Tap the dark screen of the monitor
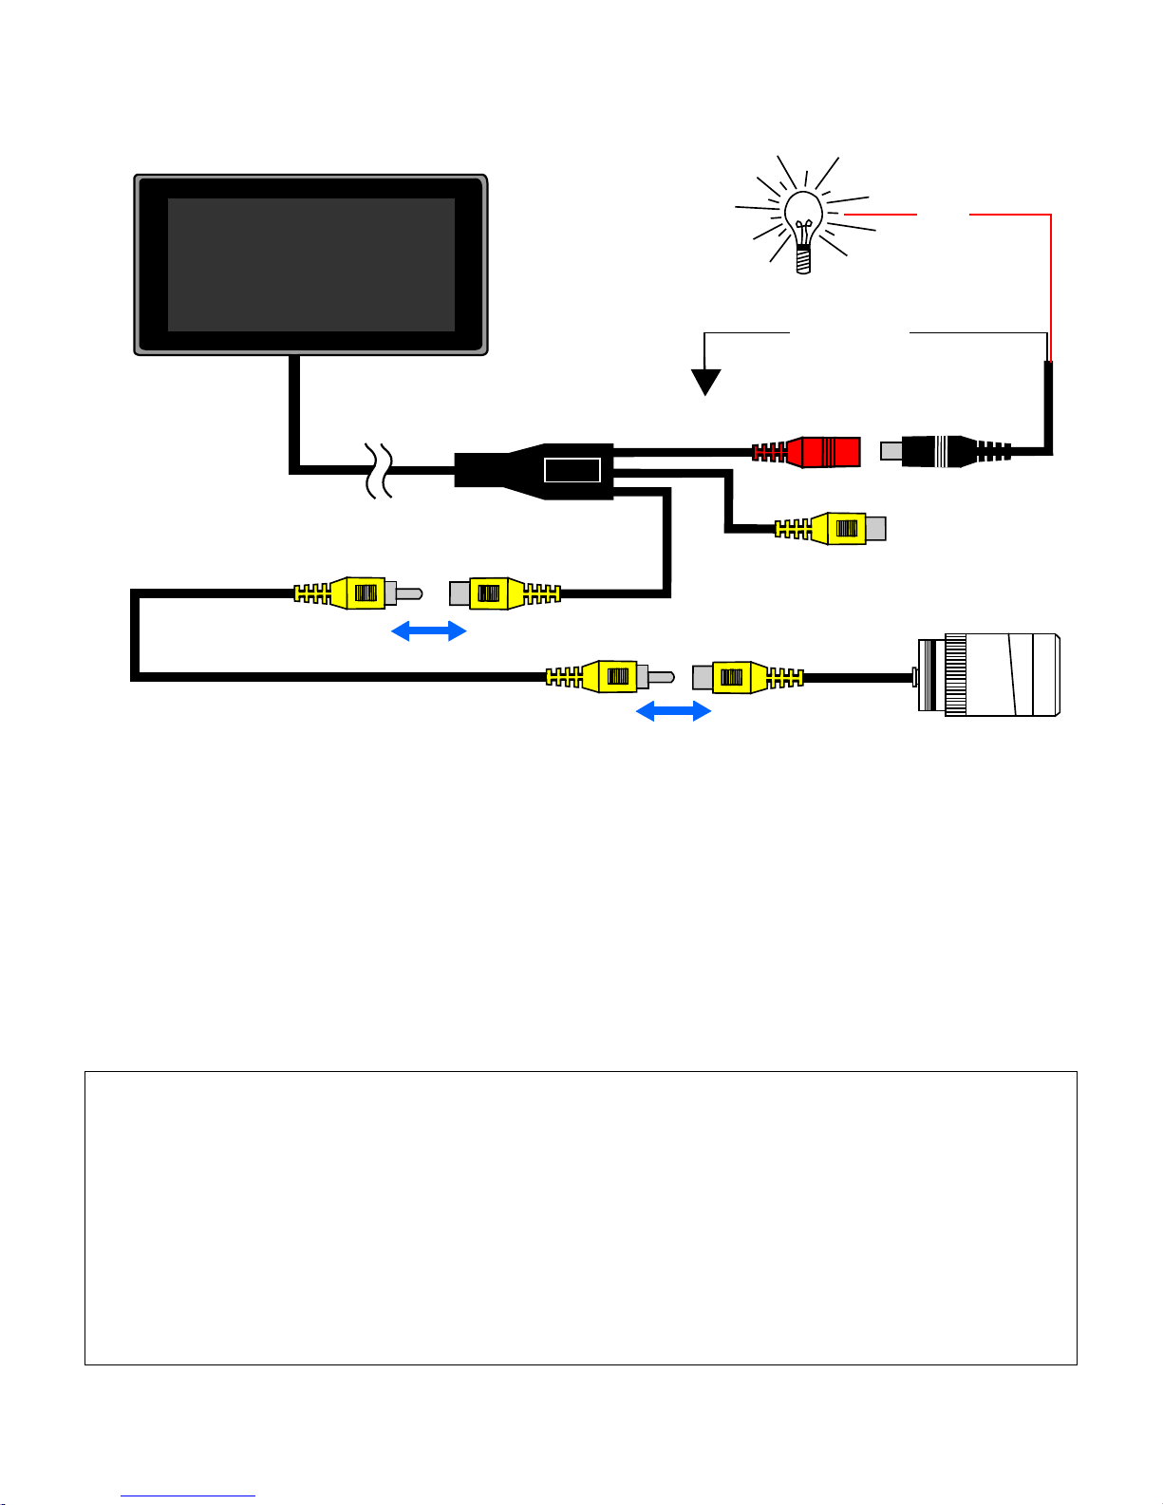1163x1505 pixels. point(310,264)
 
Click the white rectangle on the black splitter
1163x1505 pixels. point(572,469)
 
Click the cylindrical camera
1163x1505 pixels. point(992,675)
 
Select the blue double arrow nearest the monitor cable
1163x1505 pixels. point(429,630)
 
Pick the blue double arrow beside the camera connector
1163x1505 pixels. point(673,710)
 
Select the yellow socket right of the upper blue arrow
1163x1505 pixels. point(498,593)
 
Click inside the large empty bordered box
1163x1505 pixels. point(580,1217)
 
